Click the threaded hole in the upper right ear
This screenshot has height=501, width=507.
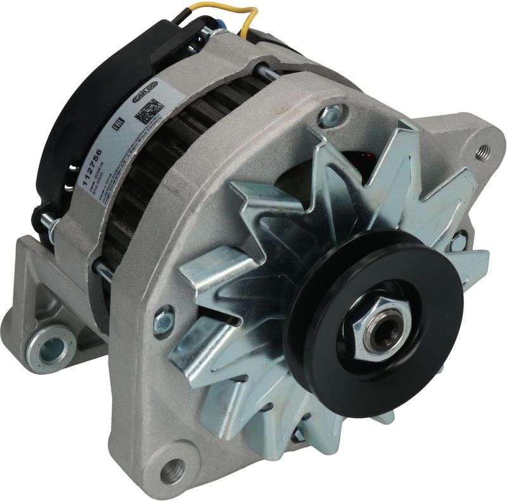(x=484, y=151)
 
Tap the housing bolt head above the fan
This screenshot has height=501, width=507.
(x=331, y=115)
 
